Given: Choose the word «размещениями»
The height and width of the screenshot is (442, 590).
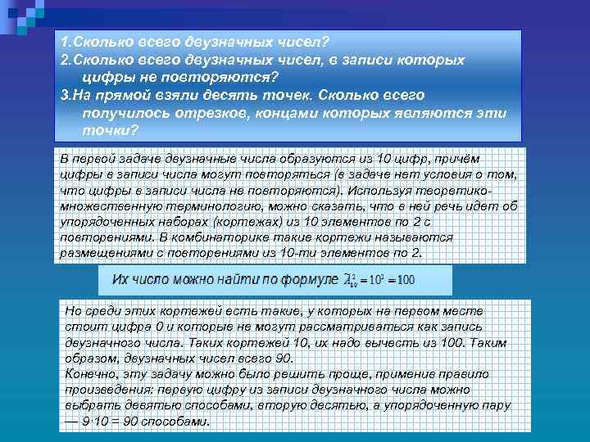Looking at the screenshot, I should (x=107, y=253).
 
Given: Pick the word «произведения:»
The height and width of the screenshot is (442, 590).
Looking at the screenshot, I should (x=108, y=390).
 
